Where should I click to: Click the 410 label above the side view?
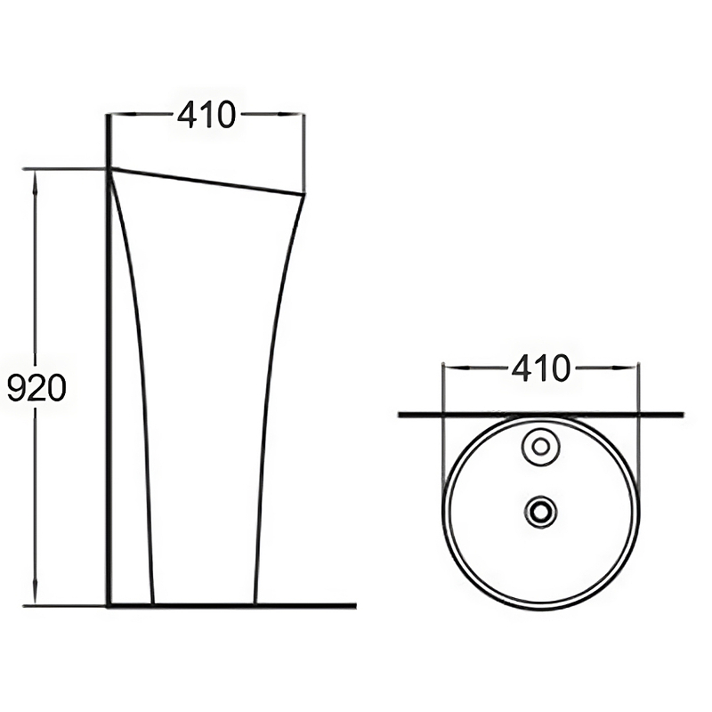(x=206, y=115)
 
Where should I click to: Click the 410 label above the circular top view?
(x=541, y=368)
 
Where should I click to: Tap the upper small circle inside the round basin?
(x=540, y=447)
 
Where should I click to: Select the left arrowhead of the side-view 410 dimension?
(x=123, y=114)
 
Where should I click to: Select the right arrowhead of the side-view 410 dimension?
(x=292, y=114)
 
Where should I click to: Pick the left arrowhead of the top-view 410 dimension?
(x=456, y=368)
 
